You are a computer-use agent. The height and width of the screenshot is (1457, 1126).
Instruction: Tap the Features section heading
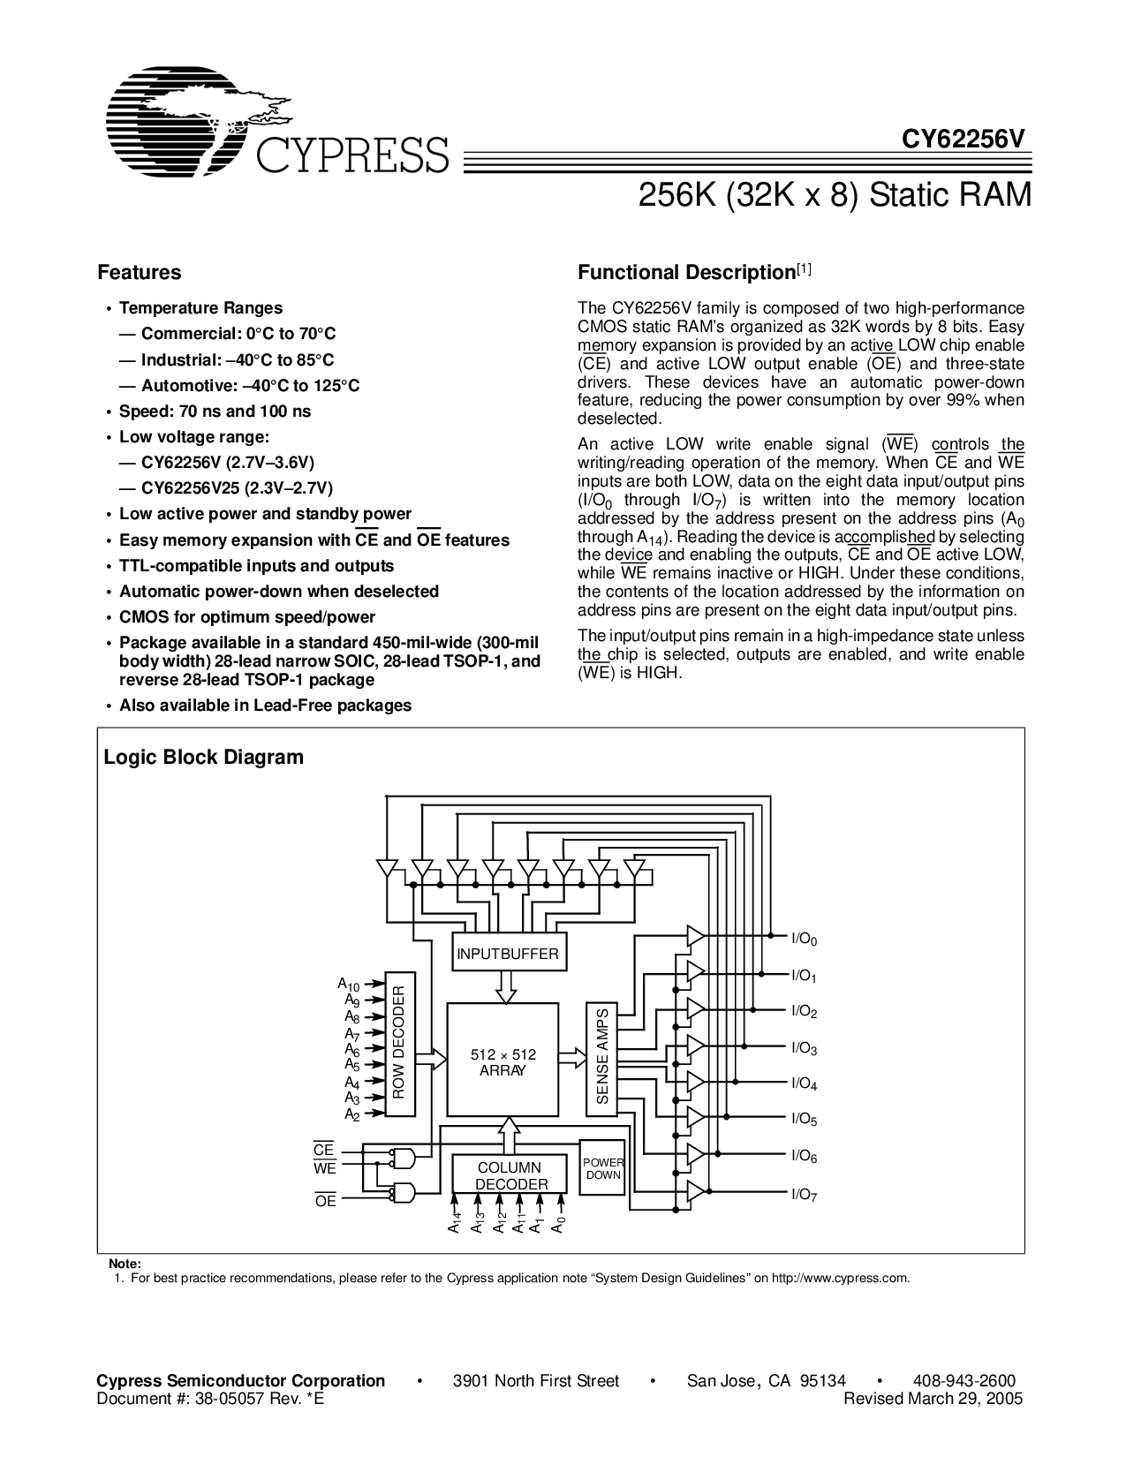[x=139, y=273]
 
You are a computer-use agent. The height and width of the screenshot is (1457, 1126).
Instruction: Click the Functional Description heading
[x=687, y=273]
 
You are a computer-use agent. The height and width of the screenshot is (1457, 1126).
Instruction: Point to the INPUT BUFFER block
[x=507, y=954]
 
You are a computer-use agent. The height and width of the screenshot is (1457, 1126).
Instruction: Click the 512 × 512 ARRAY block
[x=503, y=1061]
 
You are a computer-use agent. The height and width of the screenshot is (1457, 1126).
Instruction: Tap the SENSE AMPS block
[x=603, y=1057]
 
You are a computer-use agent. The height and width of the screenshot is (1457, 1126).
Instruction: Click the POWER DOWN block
[x=603, y=1169]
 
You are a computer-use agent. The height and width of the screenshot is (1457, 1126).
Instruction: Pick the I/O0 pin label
[x=804, y=940]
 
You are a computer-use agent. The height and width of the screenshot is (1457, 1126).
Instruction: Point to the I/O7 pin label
[x=804, y=1195]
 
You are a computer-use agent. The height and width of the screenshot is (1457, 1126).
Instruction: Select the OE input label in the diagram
[x=325, y=1201]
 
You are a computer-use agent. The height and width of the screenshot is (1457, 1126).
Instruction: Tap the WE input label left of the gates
[x=325, y=1169]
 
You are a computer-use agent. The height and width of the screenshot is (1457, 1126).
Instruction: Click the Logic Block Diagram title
[x=203, y=757]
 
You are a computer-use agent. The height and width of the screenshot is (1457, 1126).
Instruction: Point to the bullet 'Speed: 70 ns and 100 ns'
[x=215, y=411]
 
